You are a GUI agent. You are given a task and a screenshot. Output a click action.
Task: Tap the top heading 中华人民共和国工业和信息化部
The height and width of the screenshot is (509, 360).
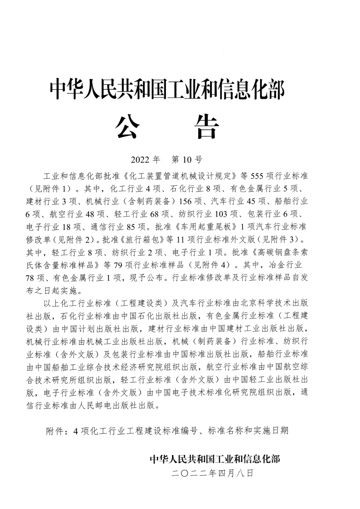[x=167, y=89]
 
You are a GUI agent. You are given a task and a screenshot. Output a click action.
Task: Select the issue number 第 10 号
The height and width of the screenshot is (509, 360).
[x=187, y=159]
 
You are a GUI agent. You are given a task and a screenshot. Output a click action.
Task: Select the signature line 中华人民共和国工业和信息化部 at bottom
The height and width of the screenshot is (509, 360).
[x=215, y=459]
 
